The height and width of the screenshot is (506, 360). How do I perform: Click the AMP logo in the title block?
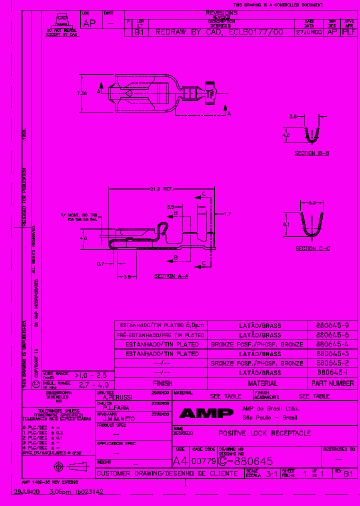(x=206, y=413)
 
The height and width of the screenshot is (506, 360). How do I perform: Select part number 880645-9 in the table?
(x=332, y=325)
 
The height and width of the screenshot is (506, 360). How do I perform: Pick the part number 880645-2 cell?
(x=332, y=363)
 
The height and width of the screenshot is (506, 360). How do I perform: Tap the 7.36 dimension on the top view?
(x=82, y=93)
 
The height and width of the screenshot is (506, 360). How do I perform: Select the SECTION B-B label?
(x=311, y=153)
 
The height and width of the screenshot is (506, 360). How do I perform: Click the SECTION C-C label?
(x=312, y=248)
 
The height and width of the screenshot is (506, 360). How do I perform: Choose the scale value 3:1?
(x=286, y=473)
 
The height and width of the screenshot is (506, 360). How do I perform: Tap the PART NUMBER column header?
(x=332, y=383)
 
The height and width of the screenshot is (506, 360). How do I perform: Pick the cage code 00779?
(x=203, y=461)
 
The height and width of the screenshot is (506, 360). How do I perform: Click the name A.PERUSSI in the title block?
(x=117, y=397)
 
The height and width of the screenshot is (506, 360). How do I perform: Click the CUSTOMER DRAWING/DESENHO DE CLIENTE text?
(x=159, y=473)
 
